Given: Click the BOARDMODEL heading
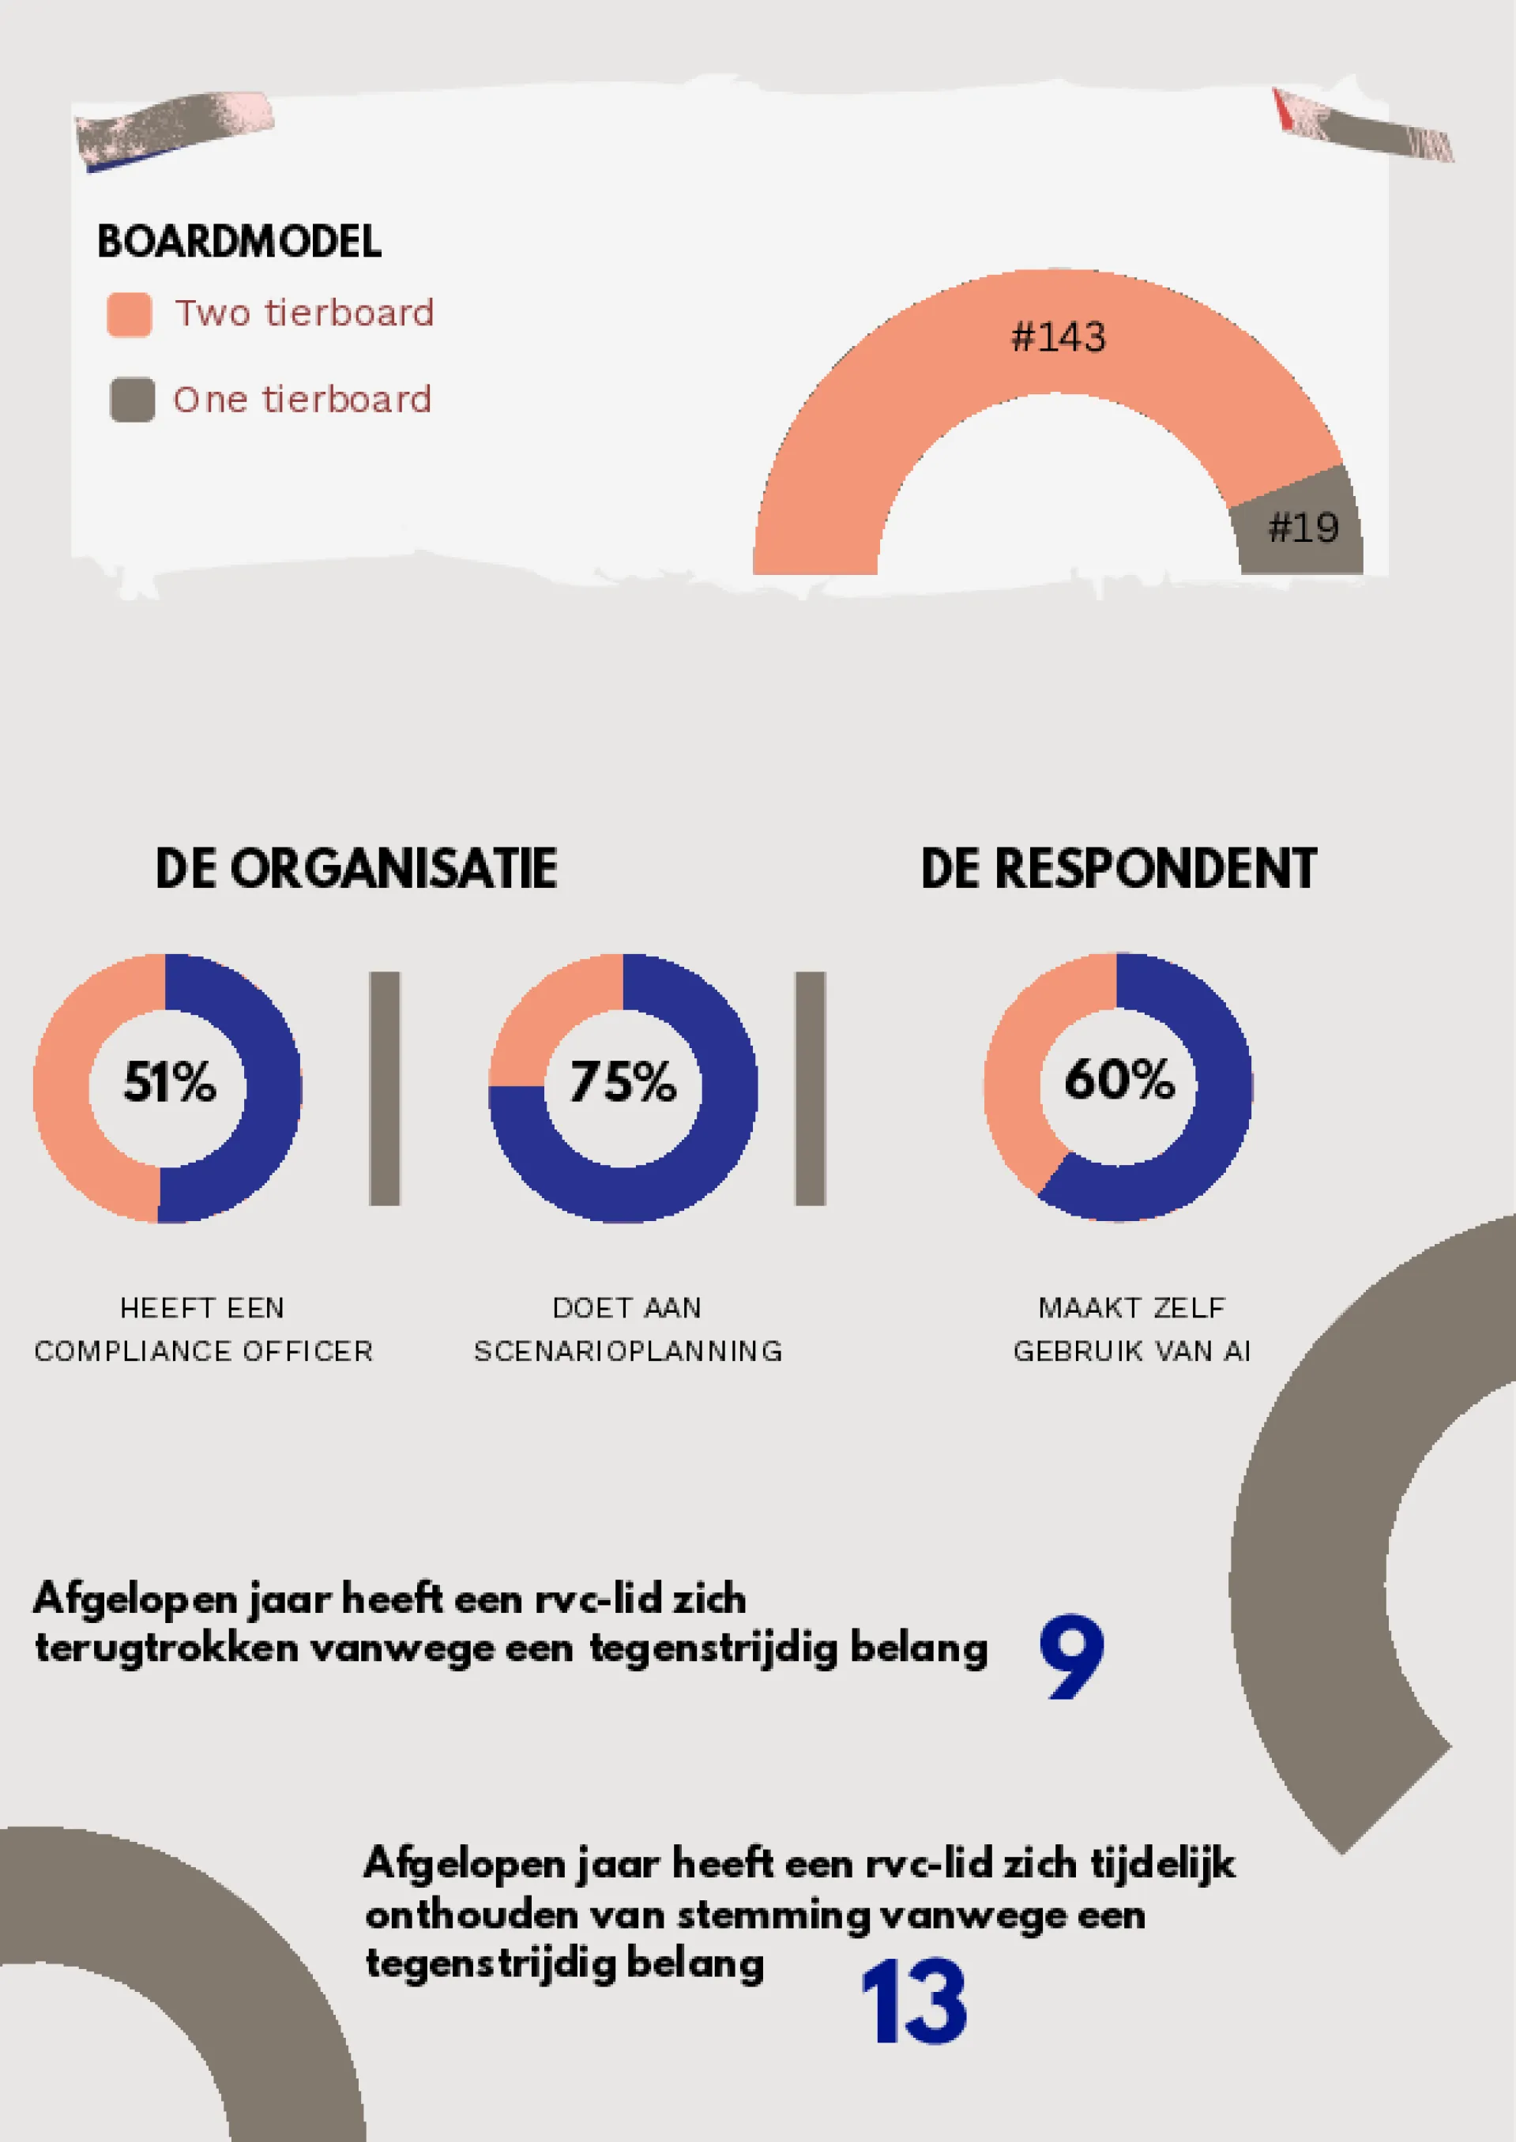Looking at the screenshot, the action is [239, 241].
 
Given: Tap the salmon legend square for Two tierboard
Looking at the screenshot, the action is [130, 314].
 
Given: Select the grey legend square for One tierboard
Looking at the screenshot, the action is [133, 400].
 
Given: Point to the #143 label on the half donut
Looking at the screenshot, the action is [1059, 337].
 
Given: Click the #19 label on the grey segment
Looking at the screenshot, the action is [1303, 528].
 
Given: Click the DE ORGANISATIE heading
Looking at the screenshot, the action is [355, 869].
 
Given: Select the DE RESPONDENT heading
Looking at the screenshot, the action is [1119, 869].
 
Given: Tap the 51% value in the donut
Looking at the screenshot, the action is [169, 1083].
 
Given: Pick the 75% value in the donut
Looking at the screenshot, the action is [623, 1083].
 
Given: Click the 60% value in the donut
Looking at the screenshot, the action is [1119, 1079].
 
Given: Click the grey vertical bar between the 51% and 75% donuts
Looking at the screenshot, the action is [385, 1088].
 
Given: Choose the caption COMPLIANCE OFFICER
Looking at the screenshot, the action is [204, 1351].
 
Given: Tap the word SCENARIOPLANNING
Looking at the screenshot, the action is [628, 1351].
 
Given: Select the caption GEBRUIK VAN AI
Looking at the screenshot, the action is [1132, 1351].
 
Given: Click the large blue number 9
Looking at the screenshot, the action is [1072, 1658].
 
